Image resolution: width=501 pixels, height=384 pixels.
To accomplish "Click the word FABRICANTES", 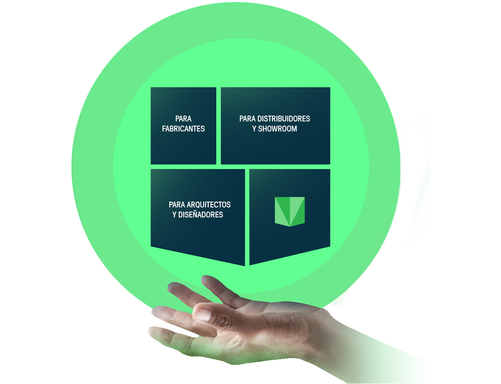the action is click(183, 129).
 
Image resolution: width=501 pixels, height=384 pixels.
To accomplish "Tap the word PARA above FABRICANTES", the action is click(183, 119).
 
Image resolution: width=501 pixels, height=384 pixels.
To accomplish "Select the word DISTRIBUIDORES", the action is click(283, 119).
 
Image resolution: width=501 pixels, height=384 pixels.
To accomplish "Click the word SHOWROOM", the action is click(277, 129).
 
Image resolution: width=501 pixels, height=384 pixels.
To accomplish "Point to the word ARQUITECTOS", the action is click(208, 205).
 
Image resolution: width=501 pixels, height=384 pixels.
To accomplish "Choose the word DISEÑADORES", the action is click(200, 215).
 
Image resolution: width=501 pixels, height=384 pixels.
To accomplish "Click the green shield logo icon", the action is click(290, 212).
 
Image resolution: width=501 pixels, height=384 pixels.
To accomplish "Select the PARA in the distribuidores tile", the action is click(248, 119).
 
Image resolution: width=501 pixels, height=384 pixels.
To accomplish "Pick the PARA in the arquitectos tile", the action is click(177, 205).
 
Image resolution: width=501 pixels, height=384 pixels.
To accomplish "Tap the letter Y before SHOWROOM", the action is click(254, 129).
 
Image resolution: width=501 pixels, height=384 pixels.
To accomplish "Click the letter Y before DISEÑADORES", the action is click(175, 215).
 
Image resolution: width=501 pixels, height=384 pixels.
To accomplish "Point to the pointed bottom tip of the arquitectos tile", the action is click(245, 266).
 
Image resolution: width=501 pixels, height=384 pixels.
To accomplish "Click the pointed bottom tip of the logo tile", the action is click(250, 265).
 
